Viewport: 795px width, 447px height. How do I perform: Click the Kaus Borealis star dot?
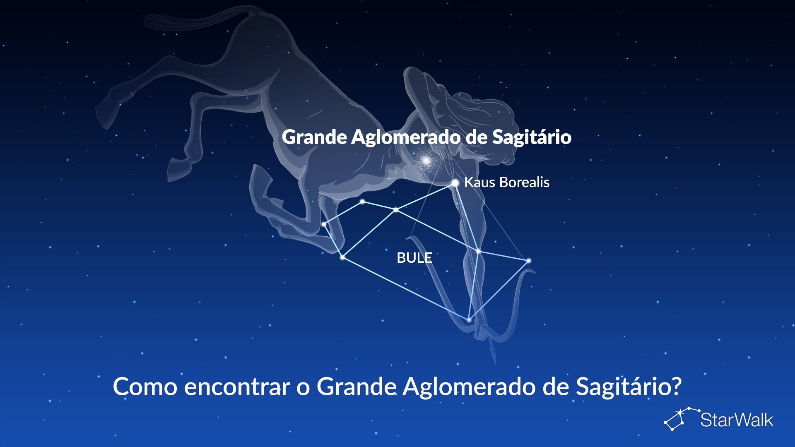click(x=455, y=183)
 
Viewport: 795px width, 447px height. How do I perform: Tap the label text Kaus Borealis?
click(x=507, y=182)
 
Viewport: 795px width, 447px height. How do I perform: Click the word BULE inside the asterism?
click(x=414, y=258)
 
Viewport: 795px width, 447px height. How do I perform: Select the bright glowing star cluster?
click(x=426, y=160)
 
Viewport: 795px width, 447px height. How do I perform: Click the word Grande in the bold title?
click(x=314, y=137)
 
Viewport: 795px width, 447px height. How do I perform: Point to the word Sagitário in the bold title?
click(x=532, y=137)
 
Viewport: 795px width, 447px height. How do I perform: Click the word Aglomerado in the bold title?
click(x=405, y=137)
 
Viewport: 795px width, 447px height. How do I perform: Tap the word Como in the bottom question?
click(x=145, y=387)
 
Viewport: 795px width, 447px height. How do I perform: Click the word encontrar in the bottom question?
click(x=237, y=387)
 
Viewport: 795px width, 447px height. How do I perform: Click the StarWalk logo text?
click(x=737, y=420)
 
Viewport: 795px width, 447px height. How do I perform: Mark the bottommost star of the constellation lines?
click(x=469, y=320)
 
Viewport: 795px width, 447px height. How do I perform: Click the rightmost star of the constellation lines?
click(x=529, y=261)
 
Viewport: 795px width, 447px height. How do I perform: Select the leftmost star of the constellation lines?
click(x=324, y=224)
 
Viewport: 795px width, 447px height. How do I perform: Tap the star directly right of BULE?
click(x=478, y=251)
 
